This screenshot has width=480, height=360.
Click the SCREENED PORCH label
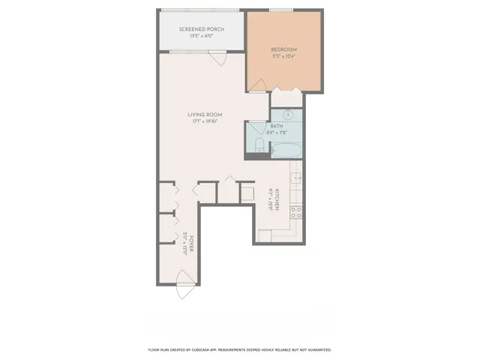[200, 28]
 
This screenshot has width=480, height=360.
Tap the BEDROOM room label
[285, 49]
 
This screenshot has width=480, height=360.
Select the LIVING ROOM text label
[204, 114]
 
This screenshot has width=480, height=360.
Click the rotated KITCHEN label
[278, 199]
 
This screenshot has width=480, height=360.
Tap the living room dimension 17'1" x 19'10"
[204, 121]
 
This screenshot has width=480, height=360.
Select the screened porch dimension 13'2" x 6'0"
[200, 35]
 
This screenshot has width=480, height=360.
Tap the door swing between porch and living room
[217, 58]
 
